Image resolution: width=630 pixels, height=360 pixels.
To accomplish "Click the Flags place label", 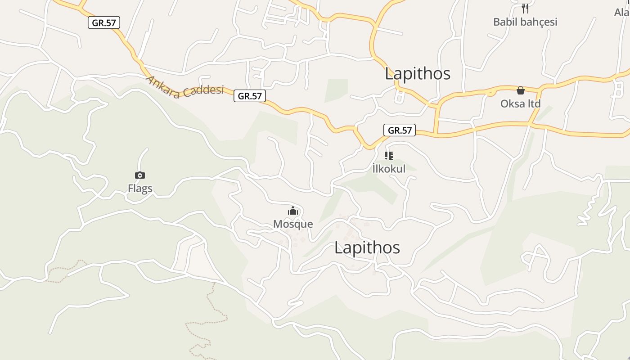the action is [x=140, y=189].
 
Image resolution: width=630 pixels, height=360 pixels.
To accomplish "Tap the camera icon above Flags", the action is [x=140, y=175].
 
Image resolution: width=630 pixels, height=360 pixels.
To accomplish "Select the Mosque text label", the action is [x=293, y=224].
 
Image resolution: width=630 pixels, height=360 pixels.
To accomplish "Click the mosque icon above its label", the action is [x=293, y=211].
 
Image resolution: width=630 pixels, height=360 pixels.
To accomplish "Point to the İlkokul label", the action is [x=389, y=169].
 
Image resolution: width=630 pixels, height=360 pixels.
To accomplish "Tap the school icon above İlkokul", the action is [x=389, y=156].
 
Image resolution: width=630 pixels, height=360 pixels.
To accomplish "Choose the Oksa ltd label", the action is [x=520, y=104].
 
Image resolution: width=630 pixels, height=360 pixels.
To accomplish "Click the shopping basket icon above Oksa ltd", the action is [x=521, y=91].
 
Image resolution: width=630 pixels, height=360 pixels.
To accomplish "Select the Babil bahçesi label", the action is [x=525, y=22].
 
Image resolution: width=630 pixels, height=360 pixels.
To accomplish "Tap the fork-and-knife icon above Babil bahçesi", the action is [x=525, y=8].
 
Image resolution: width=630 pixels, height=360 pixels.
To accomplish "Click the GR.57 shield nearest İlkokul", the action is [x=400, y=130].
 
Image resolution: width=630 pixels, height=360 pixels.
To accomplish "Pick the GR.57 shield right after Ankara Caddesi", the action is [x=250, y=96].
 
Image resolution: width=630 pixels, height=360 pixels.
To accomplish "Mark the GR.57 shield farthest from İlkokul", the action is [x=104, y=23].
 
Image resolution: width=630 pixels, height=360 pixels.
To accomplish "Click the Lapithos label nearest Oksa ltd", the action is [x=417, y=74].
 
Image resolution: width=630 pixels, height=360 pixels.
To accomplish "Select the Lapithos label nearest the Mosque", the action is [x=367, y=248].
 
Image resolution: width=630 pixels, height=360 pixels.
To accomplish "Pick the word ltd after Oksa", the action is [x=533, y=104].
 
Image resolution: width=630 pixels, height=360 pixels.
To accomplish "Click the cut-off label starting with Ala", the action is [x=622, y=13].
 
